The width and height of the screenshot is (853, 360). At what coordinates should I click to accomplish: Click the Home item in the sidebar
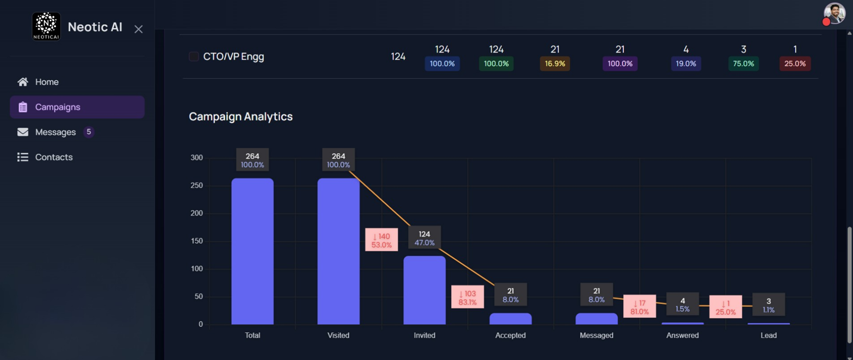38,82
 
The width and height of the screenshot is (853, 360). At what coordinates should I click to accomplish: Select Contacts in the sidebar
45,157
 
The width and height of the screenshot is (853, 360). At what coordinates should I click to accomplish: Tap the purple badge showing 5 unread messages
89,132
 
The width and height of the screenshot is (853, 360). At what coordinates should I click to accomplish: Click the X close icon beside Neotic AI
139,29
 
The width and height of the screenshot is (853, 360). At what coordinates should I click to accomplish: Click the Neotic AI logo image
46,26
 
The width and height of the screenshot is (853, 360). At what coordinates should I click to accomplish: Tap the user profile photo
835,14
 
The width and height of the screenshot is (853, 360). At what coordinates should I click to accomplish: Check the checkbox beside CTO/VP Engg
194,57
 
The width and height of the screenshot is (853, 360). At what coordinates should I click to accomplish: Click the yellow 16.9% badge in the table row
555,64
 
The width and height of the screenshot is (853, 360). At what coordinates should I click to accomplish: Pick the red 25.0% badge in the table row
795,64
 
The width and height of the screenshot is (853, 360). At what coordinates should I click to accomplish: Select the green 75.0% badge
743,64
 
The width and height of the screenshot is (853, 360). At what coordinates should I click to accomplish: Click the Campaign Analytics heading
240,116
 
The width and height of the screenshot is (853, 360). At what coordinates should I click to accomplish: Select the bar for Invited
424,290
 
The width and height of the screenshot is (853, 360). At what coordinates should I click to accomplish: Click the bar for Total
252,251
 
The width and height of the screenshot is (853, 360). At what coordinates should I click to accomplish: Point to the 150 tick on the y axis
196,241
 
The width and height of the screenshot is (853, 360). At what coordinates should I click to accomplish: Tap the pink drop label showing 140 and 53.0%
381,240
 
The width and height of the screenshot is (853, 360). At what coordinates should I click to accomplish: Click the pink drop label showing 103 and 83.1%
468,297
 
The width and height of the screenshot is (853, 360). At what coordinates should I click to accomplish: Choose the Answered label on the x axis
682,336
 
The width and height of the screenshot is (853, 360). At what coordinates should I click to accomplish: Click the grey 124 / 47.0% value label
424,238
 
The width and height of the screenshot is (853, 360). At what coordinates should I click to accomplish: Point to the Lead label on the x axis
769,336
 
